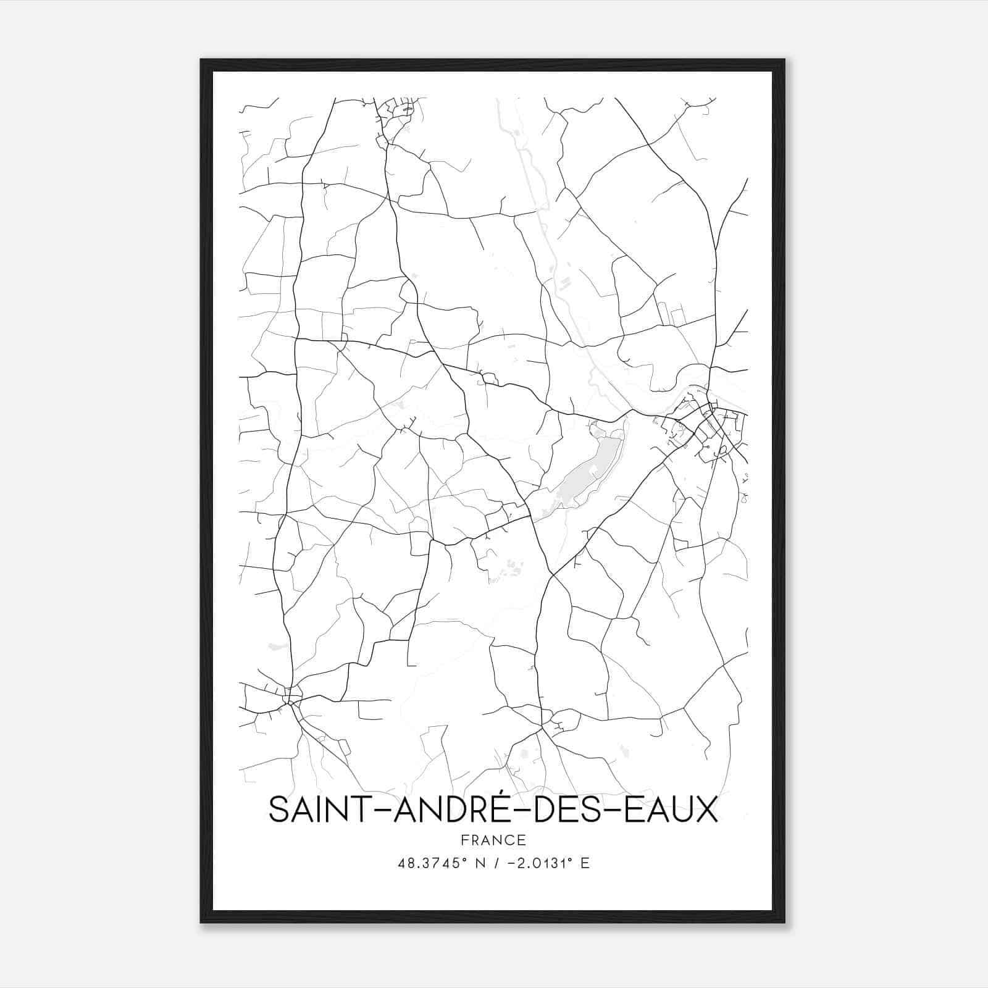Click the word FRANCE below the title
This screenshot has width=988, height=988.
[493, 840]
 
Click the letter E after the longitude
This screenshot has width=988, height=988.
[585, 863]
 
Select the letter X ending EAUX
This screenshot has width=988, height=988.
[707, 811]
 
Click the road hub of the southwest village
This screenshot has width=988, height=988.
[290, 701]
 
